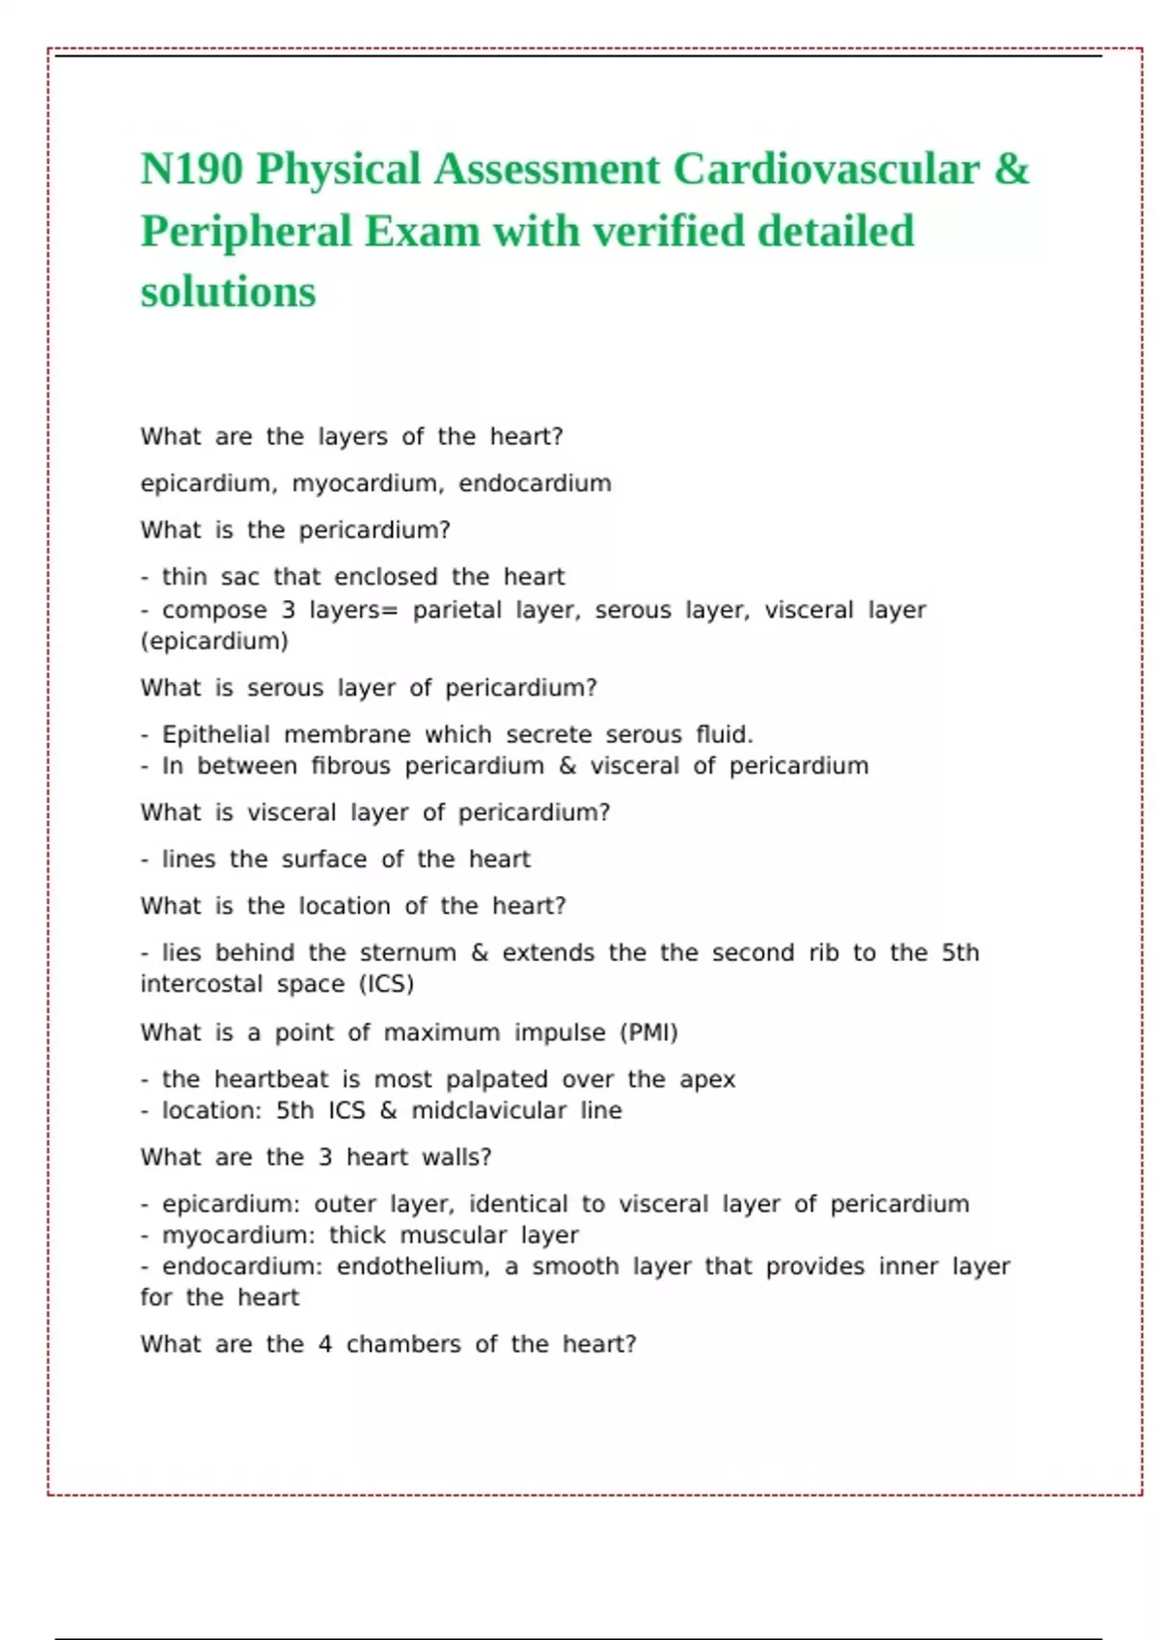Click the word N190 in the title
click(191, 170)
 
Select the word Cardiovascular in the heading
click(826, 170)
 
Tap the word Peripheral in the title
click(246, 232)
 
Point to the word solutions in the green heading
click(228, 292)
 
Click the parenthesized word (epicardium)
click(214, 642)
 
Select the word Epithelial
click(215, 735)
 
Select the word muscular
click(453, 1236)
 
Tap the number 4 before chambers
click(325, 1345)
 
